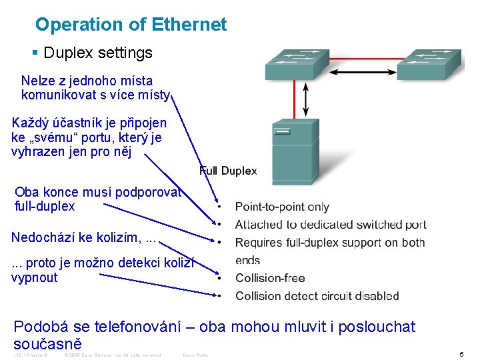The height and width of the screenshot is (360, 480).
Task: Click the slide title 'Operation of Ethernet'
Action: pos(131,25)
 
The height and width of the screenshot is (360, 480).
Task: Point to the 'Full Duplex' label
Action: pos(228,171)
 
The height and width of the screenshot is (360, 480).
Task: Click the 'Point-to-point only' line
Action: pos(282,207)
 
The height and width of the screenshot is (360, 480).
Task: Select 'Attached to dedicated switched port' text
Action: pos(331,225)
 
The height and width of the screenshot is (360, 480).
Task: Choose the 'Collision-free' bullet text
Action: pos(270,278)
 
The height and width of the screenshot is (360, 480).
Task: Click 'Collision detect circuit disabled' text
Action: pos(317,296)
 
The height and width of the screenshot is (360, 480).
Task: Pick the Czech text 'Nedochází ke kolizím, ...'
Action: pos(85,237)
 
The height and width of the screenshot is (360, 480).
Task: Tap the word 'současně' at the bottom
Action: pos(47,344)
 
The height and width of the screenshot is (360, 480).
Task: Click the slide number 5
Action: pos(461,354)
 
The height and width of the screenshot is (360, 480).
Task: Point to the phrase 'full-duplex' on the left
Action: pos(45,206)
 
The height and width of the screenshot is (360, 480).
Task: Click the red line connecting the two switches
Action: pos(363,58)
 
